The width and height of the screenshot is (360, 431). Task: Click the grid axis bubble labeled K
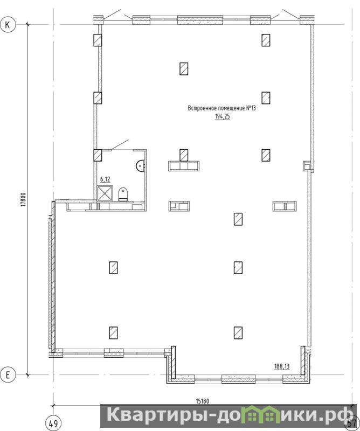click(8, 25)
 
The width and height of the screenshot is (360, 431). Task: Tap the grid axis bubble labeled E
click(8, 374)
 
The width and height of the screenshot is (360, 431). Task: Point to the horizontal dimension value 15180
click(202, 401)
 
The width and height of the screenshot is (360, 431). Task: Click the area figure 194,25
click(222, 116)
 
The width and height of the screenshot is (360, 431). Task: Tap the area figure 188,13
click(282, 366)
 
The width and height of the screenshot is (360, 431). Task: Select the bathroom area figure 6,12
click(105, 179)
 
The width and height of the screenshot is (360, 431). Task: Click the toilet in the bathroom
click(123, 194)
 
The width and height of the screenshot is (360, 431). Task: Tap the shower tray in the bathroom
click(105, 193)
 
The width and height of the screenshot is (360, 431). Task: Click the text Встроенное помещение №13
click(221, 108)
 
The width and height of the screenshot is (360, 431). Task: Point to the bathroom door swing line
click(120, 145)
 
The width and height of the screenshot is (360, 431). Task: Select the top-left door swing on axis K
click(112, 15)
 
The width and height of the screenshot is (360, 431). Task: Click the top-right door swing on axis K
click(291, 15)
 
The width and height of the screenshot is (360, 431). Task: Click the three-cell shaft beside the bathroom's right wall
click(184, 166)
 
